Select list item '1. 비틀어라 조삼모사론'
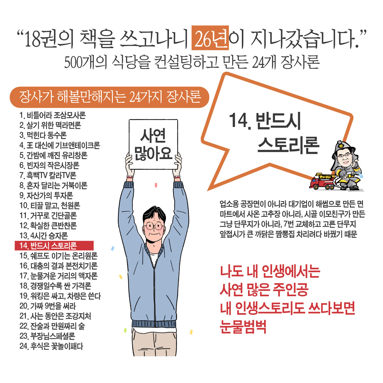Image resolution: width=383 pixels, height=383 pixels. point(53,116)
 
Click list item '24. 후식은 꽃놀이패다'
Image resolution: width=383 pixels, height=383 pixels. point(51,346)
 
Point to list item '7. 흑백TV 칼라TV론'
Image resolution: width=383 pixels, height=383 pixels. point(48,175)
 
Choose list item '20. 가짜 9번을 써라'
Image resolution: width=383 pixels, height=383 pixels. point(48,306)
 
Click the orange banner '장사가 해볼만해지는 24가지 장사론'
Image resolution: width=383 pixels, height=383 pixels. point(110,97)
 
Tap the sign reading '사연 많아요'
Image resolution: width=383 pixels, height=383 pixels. point(153,145)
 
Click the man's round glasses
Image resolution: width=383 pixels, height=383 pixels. point(154,226)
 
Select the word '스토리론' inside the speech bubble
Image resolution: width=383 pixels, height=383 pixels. point(288,145)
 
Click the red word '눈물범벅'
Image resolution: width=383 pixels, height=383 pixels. point(243,326)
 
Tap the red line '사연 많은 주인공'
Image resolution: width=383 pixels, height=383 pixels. point(264,289)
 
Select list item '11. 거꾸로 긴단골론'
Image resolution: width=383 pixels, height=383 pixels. point(48,216)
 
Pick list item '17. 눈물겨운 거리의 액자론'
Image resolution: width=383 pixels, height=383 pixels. point(58,276)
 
